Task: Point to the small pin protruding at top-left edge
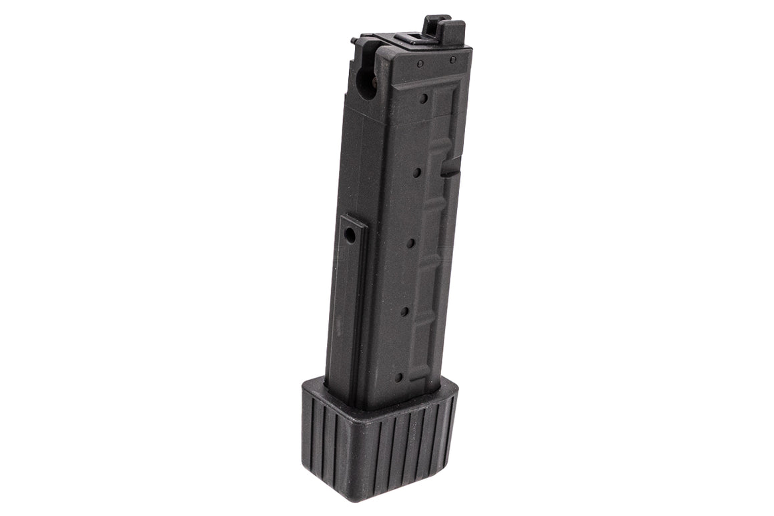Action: pos(353,41)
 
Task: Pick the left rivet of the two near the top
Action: pos(420,64)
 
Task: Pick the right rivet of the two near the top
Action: pos(452,60)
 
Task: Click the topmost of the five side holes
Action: pos(424,99)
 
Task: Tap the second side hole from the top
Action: pos(417,172)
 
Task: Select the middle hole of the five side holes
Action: pos(411,242)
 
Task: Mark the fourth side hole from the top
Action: pos(404,311)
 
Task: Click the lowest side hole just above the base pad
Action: pos(398,377)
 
